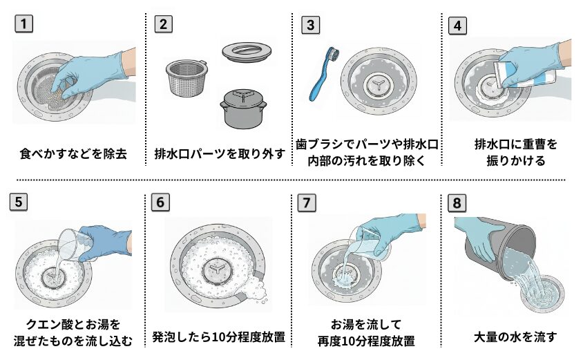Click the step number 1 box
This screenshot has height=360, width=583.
(x=23, y=24)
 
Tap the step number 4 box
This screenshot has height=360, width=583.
(x=457, y=25)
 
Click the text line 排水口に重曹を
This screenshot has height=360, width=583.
(x=515, y=144)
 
